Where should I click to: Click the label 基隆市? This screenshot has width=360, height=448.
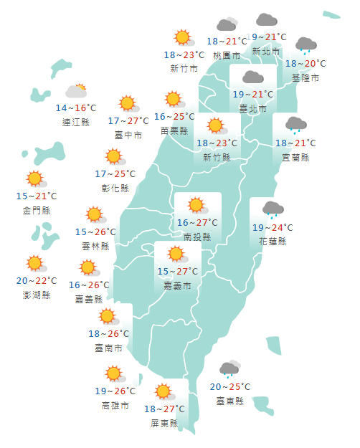(306, 77)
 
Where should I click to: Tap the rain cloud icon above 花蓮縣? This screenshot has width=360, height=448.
(273, 209)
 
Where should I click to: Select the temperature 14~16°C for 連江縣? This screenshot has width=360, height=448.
(76, 108)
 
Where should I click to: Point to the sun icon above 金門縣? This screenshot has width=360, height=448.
(34, 178)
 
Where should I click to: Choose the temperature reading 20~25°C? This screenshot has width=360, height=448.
(229, 387)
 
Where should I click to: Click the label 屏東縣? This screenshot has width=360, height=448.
(164, 423)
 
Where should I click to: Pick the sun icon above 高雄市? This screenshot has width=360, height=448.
(113, 373)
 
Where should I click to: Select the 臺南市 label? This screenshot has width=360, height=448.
(108, 348)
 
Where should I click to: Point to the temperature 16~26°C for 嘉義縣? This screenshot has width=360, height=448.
(89, 285)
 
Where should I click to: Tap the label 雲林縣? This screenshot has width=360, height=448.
(95, 246)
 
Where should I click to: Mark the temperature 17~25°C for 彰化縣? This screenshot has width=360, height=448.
(115, 173)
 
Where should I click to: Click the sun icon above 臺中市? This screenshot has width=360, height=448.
(128, 103)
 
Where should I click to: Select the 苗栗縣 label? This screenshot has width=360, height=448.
(174, 130)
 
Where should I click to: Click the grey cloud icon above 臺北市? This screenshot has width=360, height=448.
(252, 77)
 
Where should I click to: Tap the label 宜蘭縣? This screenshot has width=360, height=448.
(295, 157)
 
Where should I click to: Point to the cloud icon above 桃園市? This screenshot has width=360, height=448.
(227, 26)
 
